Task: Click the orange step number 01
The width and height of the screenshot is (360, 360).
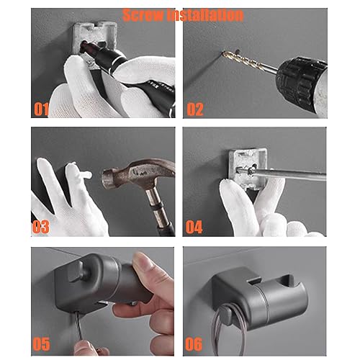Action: click(x=41, y=109)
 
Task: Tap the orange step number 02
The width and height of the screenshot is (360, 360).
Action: click(x=195, y=109)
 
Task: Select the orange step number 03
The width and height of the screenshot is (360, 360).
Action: click(x=41, y=227)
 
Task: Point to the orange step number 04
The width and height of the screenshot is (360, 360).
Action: click(x=194, y=227)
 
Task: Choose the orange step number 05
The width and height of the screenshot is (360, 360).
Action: click(x=41, y=344)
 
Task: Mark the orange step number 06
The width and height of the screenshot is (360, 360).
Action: click(x=194, y=344)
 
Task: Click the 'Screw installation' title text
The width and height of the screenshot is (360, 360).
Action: click(x=183, y=15)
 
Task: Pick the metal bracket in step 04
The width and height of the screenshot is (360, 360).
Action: click(x=248, y=168)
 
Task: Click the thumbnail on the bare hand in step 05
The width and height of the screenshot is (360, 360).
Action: click(x=143, y=264)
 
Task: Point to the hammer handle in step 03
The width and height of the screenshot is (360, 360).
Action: click(x=159, y=210)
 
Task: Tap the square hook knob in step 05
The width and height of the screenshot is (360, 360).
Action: click(x=76, y=271)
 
